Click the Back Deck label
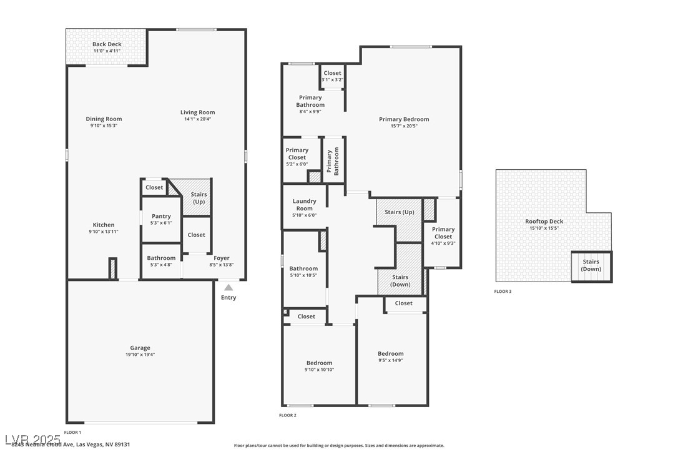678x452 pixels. pyautogui.click(x=107, y=44)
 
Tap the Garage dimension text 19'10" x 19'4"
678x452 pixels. pyautogui.click(x=140, y=355)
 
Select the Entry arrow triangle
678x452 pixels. pyautogui.click(x=228, y=287)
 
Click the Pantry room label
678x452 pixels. pyautogui.click(x=161, y=217)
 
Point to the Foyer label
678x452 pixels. pyautogui.click(x=222, y=258)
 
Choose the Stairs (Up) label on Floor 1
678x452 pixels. pyautogui.click(x=199, y=198)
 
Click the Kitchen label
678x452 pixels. pyautogui.click(x=104, y=225)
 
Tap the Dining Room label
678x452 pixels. pyautogui.click(x=104, y=119)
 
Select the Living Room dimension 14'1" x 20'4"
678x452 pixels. pyautogui.click(x=197, y=119)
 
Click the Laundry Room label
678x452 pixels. pyautogui.click(x=305, y=205)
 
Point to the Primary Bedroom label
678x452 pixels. pyautogui.click(x=404, y=119)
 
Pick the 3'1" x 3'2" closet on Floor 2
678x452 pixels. pyautogui.click(x=332, y=76)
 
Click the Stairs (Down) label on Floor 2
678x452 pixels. pyautogui.click(x=400, y=281)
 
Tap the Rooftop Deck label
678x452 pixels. pyautogui.click(x=544, y=221)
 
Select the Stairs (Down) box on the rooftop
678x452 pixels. pyautogui.click(x=591, y=266)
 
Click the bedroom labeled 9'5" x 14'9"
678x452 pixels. pyautogui.click(x=391, y=356)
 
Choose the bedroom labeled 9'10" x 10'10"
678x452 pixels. pyautogui.click(x=319, y=366)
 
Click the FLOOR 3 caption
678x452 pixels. pyautogui.click(x=503, y=292)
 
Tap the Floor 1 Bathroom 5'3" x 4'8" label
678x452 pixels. pyautogui.click(x=161, y=261)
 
